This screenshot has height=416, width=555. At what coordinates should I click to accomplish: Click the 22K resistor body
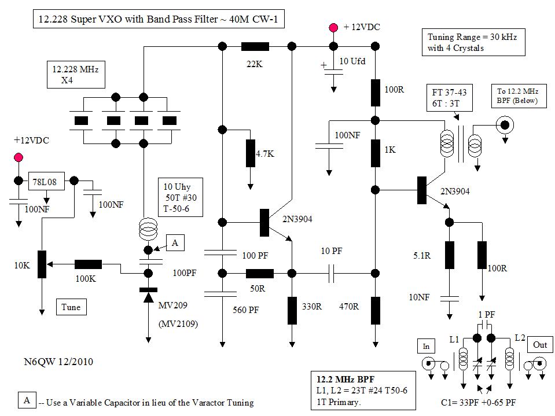pos(255,46)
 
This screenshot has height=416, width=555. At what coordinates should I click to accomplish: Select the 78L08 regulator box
pos(46,182)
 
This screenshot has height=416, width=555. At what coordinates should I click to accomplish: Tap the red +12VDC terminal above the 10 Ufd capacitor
pos(333,27)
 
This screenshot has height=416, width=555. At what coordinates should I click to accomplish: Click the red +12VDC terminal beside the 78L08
pos(19,157)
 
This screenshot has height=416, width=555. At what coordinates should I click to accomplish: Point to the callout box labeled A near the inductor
pos(175,242)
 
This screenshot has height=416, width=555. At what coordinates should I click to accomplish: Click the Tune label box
pos(71,307)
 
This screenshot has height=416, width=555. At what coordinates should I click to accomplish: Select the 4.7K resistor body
pos(250,153)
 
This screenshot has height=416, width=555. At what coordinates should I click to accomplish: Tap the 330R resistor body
pos(292,311)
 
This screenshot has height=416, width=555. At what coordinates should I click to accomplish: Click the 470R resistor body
pos(376,311)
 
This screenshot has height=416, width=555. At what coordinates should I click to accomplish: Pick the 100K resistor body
pos(88,264)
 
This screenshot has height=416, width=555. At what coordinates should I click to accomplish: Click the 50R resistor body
pos(260,274)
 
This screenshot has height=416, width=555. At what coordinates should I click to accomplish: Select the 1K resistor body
pos(376,153)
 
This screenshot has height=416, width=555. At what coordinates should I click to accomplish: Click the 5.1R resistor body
pos(450,255)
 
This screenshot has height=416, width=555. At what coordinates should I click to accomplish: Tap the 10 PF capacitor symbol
pos(331,274)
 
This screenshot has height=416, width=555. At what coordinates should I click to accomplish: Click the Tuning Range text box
pos(473,42)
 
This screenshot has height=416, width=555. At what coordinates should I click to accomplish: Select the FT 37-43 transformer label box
pos(450,98)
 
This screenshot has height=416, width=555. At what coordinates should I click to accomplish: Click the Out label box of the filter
pos(540,345)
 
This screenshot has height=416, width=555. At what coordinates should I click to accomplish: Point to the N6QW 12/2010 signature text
pos(58,362)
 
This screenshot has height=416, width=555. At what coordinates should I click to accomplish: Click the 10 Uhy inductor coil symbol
pos(148,229)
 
